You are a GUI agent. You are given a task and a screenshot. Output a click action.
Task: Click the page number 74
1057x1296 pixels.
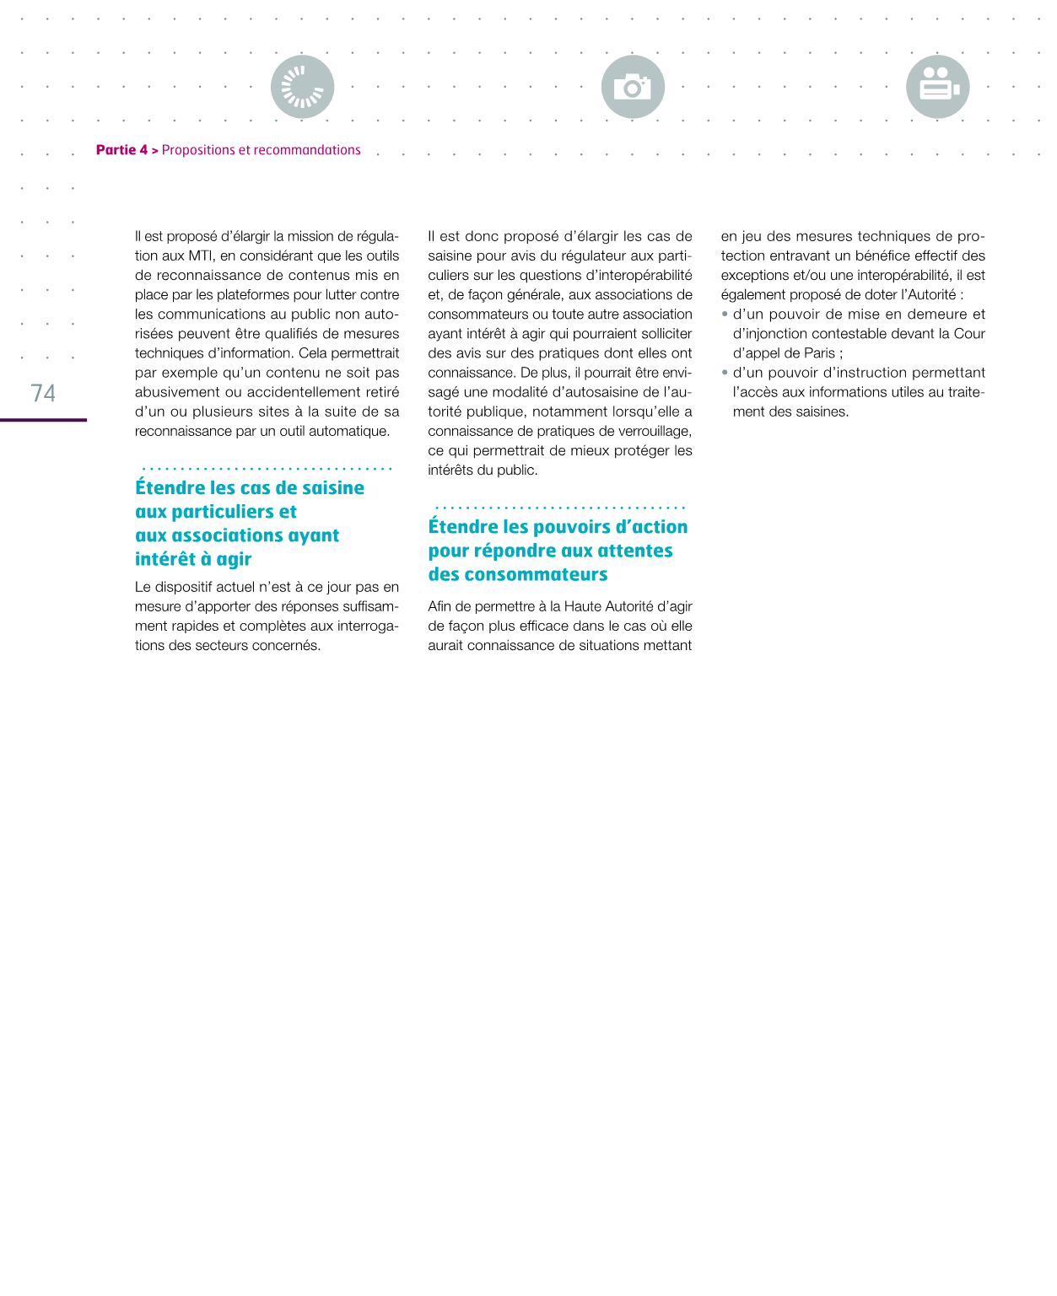tap(43, 393)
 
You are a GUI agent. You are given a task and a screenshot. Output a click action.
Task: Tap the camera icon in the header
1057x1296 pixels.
tap(633, 87)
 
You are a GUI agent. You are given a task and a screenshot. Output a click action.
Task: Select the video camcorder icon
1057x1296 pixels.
tap(937, 87)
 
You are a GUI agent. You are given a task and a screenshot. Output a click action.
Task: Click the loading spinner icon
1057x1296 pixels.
tap(302, 87)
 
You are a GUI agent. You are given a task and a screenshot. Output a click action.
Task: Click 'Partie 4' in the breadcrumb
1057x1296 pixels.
tap(121, 150)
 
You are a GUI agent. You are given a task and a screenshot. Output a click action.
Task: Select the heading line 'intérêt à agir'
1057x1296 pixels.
tap(193, 559)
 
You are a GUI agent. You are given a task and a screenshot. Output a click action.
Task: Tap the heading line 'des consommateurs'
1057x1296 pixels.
tap(517, 574)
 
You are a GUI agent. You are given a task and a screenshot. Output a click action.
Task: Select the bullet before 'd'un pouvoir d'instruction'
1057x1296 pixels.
tap(725, 372)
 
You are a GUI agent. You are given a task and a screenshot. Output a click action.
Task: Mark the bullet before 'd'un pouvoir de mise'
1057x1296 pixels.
tap(725, 314)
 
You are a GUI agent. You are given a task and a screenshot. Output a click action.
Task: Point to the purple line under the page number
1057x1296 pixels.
tap(43, 419)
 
